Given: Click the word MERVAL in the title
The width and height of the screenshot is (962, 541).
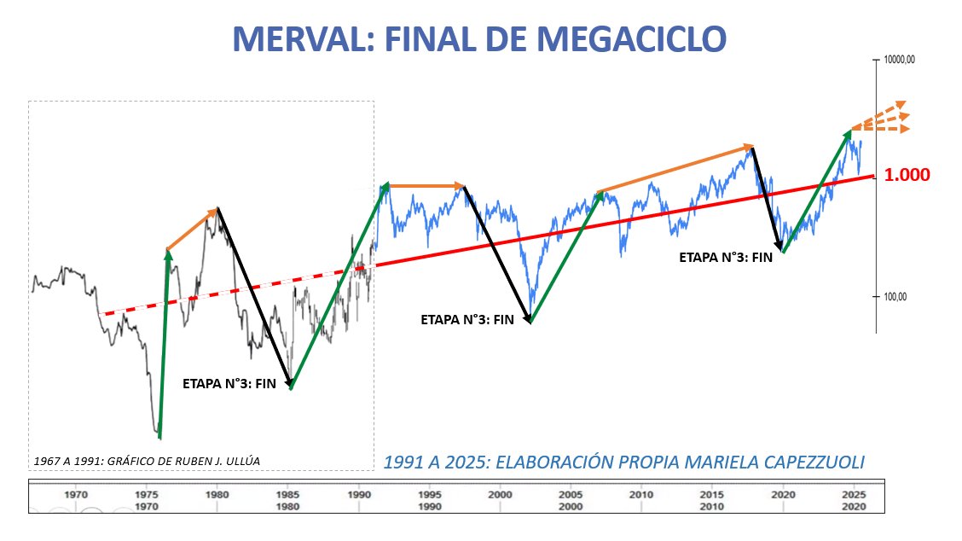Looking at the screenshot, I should (292, 38).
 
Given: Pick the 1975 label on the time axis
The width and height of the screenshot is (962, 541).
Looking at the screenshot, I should (147, 494).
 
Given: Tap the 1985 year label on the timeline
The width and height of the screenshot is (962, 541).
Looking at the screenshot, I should (288, 494).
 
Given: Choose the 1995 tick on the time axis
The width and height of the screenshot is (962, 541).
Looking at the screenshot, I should (430, 494).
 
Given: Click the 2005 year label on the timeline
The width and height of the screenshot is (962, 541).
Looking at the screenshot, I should (571, 494).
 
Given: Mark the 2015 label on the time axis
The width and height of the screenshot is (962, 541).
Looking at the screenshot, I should (712, 494).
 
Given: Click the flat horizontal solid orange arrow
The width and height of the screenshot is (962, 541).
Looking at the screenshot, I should (426, 185).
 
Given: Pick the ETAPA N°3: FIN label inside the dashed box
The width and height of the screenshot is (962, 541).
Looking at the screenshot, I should (229, 385).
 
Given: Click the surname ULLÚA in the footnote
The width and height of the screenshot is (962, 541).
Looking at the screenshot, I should (240, 461).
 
